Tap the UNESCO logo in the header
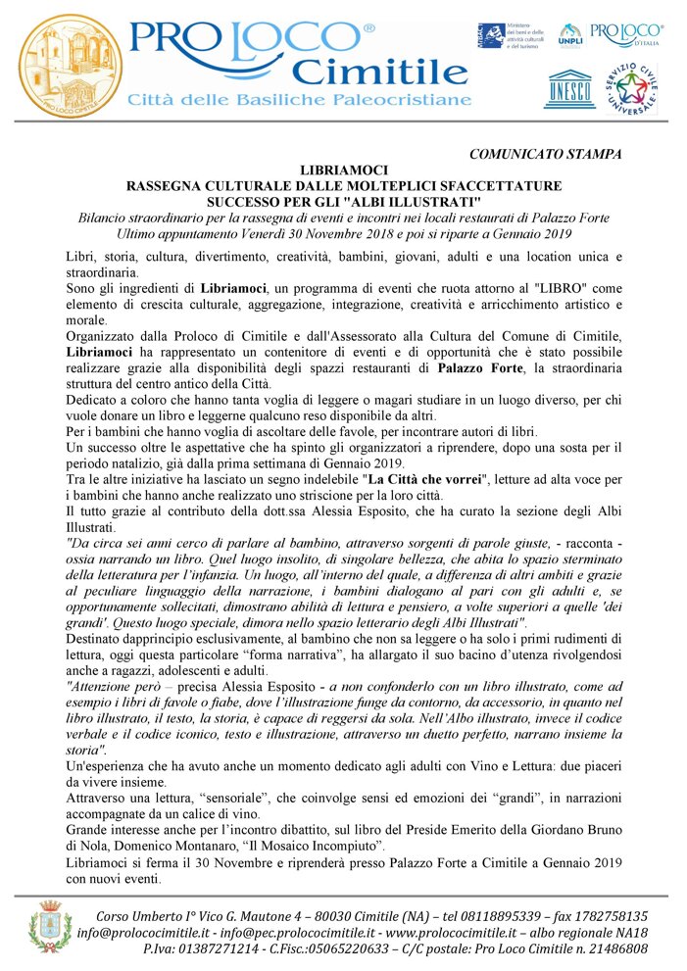569,88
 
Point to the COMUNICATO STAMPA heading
545,154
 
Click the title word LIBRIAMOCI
344,170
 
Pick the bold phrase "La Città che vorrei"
428,480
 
